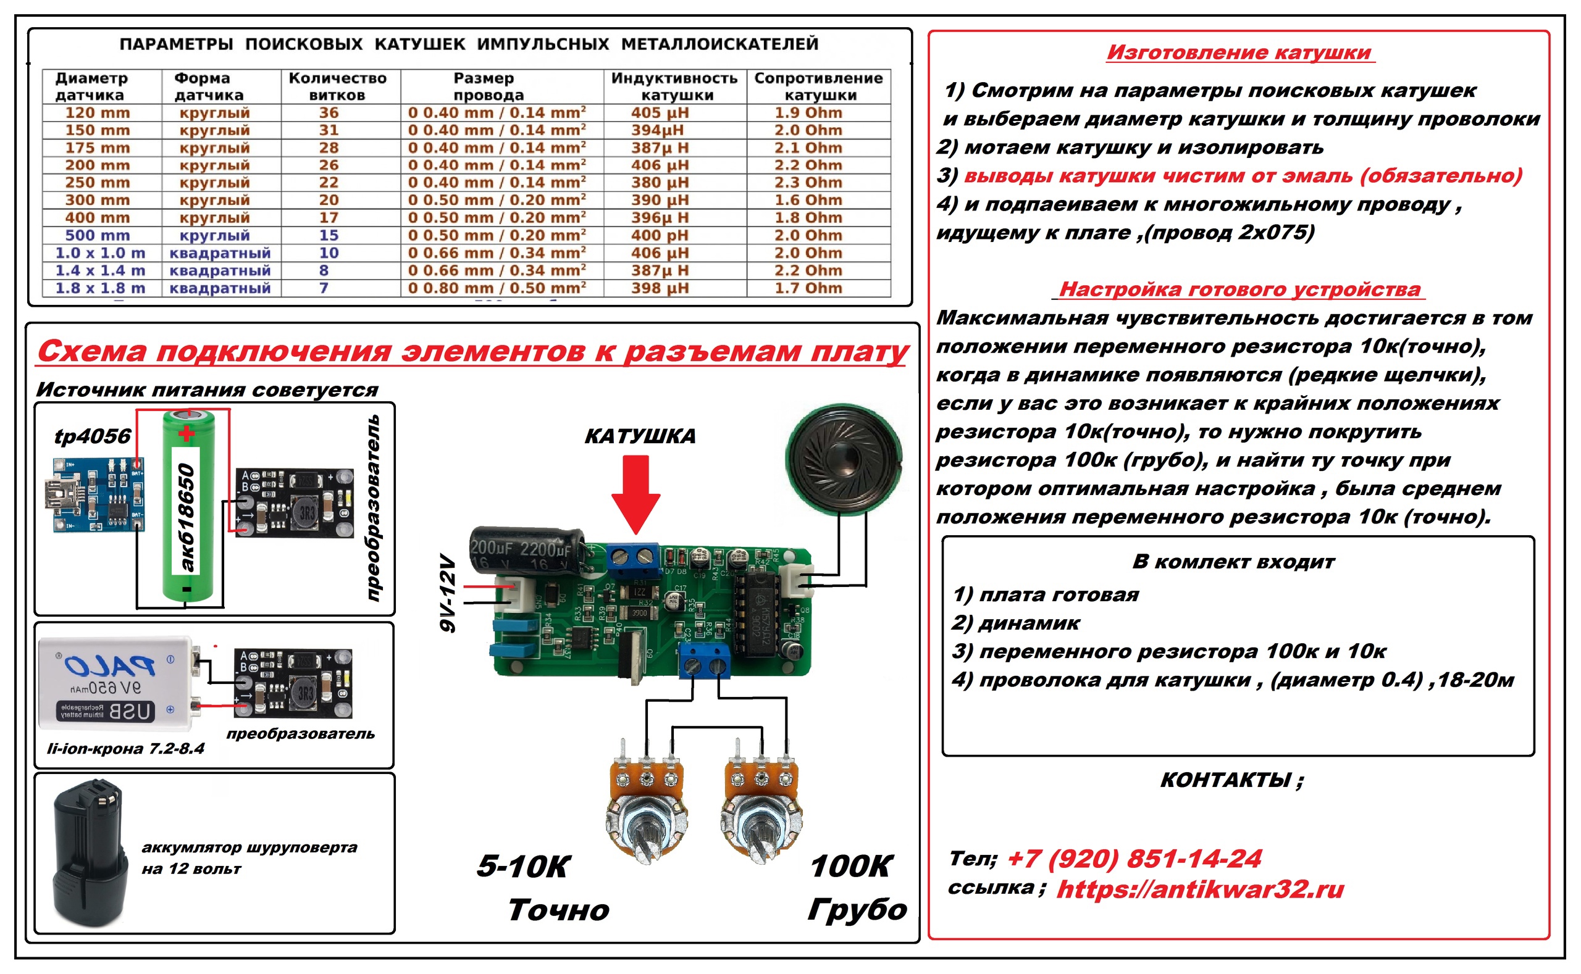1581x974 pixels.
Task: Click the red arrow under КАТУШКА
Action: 635,493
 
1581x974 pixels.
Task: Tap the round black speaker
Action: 844,459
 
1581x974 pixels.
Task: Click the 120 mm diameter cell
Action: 98,113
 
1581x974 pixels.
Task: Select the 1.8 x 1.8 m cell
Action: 100,288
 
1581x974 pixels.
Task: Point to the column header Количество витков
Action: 337,86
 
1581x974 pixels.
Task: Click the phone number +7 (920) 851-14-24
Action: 1134,859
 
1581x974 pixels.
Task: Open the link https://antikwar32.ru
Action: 1200,889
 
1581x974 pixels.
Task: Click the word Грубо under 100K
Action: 857,910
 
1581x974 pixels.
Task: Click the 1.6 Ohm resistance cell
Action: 808,201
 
